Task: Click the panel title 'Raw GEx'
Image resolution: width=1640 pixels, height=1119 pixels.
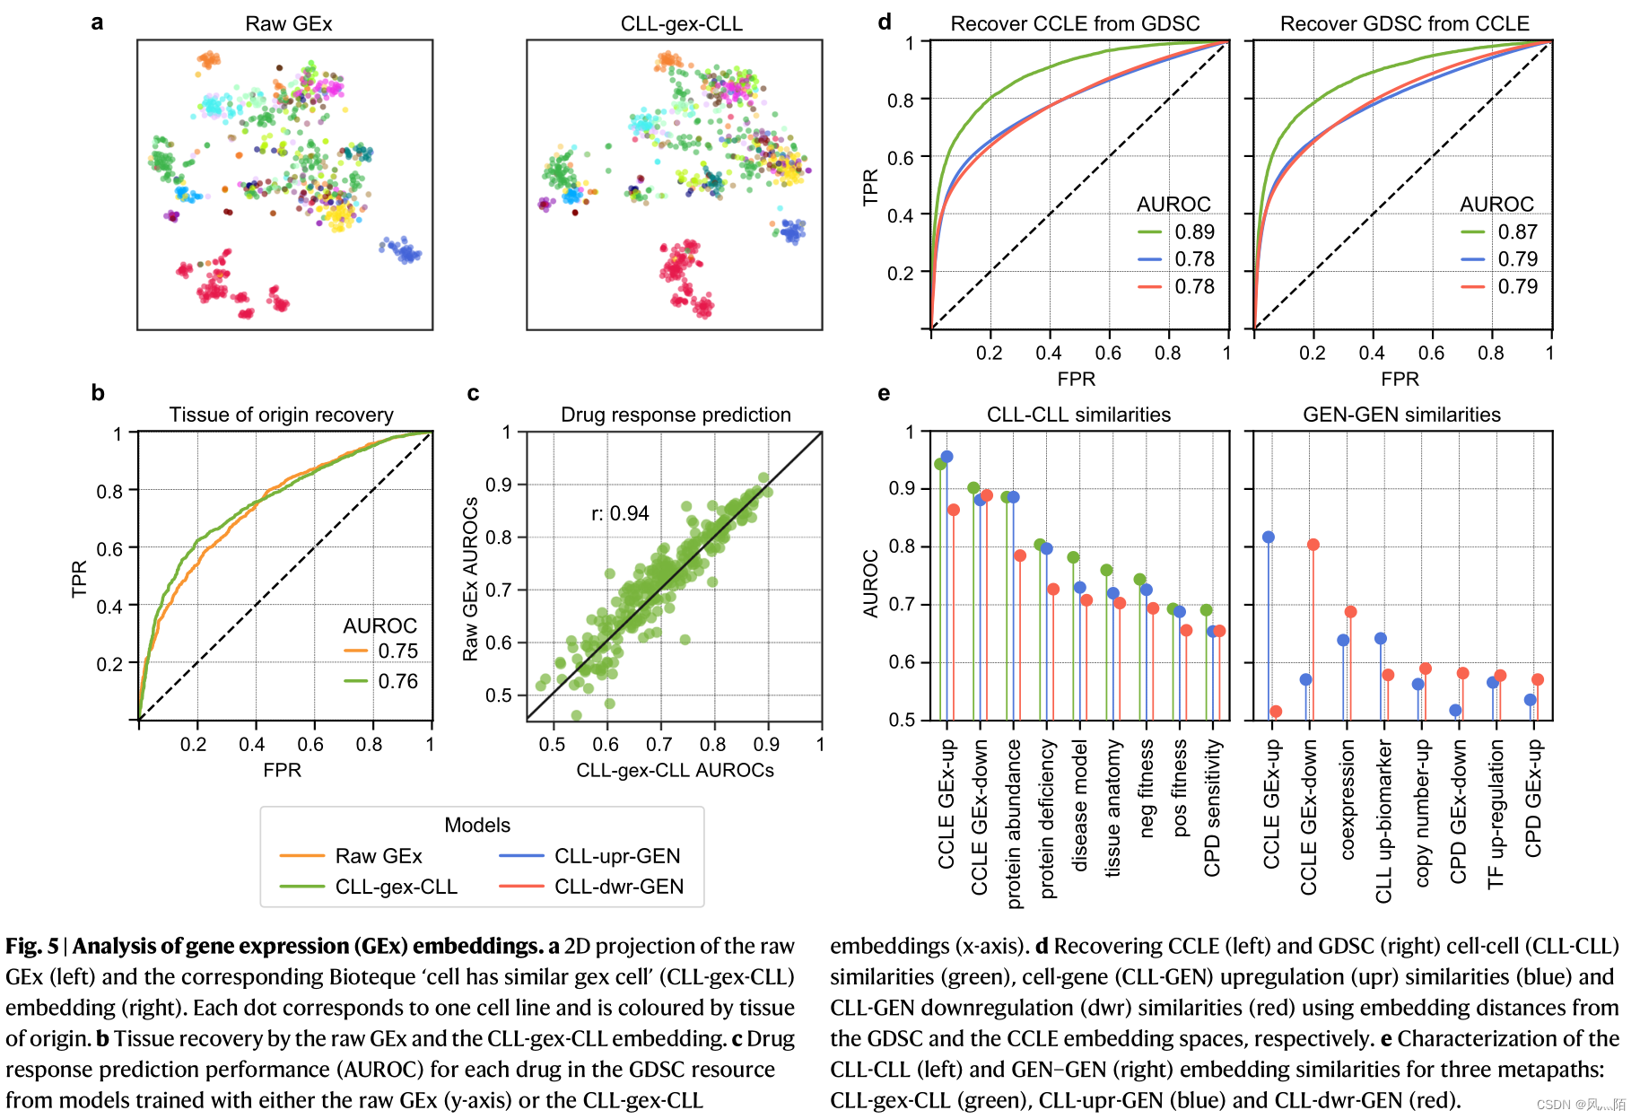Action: click(x=288, y=24)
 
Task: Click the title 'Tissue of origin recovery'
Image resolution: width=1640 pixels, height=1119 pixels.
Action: click(x=281, y=415)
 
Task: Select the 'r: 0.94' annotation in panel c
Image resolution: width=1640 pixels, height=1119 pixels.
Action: click(x=620, y=513)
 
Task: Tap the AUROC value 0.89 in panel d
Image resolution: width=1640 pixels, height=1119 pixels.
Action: click(x=1194, y=232)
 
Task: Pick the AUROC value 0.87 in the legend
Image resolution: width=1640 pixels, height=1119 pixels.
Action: click(x=1517, y=232)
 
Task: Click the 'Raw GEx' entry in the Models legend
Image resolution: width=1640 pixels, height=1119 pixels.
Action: click(x=378, y=856)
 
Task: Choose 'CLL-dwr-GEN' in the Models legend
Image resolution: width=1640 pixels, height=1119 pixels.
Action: click(x=619, y=887)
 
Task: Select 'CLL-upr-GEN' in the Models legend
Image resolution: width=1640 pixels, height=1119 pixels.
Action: click(x=617, y=856)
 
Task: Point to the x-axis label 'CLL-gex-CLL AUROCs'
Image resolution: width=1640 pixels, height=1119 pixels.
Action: click(x=675, y=770)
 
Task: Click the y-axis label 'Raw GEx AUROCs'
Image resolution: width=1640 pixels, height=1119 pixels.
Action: click(x=470, y=580)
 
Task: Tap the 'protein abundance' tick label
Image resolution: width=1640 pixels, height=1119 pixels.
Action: click(x=1014, y=823)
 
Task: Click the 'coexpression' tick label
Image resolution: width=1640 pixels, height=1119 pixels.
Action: click(x=1347, y=800)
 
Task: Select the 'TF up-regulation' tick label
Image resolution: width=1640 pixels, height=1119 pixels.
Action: click(x=1496, y=814)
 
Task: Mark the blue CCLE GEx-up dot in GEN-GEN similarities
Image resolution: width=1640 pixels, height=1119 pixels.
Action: click(x=1269, y=538)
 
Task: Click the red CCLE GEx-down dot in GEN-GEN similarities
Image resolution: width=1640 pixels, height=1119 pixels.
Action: click(x=1313, y=545)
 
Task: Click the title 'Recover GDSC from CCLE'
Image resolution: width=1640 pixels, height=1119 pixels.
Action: click(x=1404, y=24)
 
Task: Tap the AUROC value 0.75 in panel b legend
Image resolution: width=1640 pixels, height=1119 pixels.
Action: click(x=397, y=651)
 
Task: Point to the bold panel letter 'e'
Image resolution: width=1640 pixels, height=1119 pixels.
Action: click(x=884, y=393)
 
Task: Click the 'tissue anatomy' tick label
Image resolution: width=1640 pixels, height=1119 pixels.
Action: click(x=1113, y=808)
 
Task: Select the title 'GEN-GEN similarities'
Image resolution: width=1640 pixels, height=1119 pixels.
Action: click(x=1401, y=415)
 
